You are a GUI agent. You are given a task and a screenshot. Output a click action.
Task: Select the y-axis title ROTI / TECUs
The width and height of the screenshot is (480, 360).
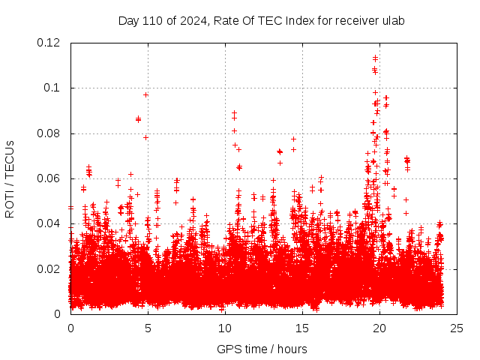pos(10,178)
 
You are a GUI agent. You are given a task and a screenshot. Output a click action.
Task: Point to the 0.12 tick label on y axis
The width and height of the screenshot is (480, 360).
pos(49,43)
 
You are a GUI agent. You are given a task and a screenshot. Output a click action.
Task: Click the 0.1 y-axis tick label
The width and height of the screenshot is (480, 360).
pos(53,88)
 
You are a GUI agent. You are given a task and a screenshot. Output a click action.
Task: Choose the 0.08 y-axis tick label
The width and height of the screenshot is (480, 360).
pos(49,133)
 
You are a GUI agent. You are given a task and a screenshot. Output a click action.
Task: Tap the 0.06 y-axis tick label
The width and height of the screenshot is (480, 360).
pos(49,178)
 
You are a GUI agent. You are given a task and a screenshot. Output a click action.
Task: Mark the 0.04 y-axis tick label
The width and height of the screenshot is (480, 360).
pos(49,223)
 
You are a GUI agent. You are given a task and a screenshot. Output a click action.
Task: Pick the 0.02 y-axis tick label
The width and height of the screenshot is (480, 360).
pos(49,269)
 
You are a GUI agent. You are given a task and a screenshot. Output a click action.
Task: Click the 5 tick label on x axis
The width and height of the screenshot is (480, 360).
pos(148,328)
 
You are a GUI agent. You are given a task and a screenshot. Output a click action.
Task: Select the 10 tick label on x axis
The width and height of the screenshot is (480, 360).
pos(225,328)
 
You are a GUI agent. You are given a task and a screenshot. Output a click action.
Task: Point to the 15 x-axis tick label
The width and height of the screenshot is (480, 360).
pos(302,328)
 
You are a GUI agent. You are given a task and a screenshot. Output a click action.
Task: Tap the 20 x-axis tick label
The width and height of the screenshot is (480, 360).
pos(379,328)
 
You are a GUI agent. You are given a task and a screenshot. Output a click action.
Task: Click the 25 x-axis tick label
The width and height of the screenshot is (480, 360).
pos(457,328)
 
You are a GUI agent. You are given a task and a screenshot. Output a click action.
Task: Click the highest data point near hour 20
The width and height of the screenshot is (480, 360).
pos(375,56)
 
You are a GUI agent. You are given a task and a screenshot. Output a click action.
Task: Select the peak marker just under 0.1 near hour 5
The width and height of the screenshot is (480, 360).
pos(145,94)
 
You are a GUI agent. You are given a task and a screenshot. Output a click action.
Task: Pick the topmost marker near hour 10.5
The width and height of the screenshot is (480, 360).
pos(234,112)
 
